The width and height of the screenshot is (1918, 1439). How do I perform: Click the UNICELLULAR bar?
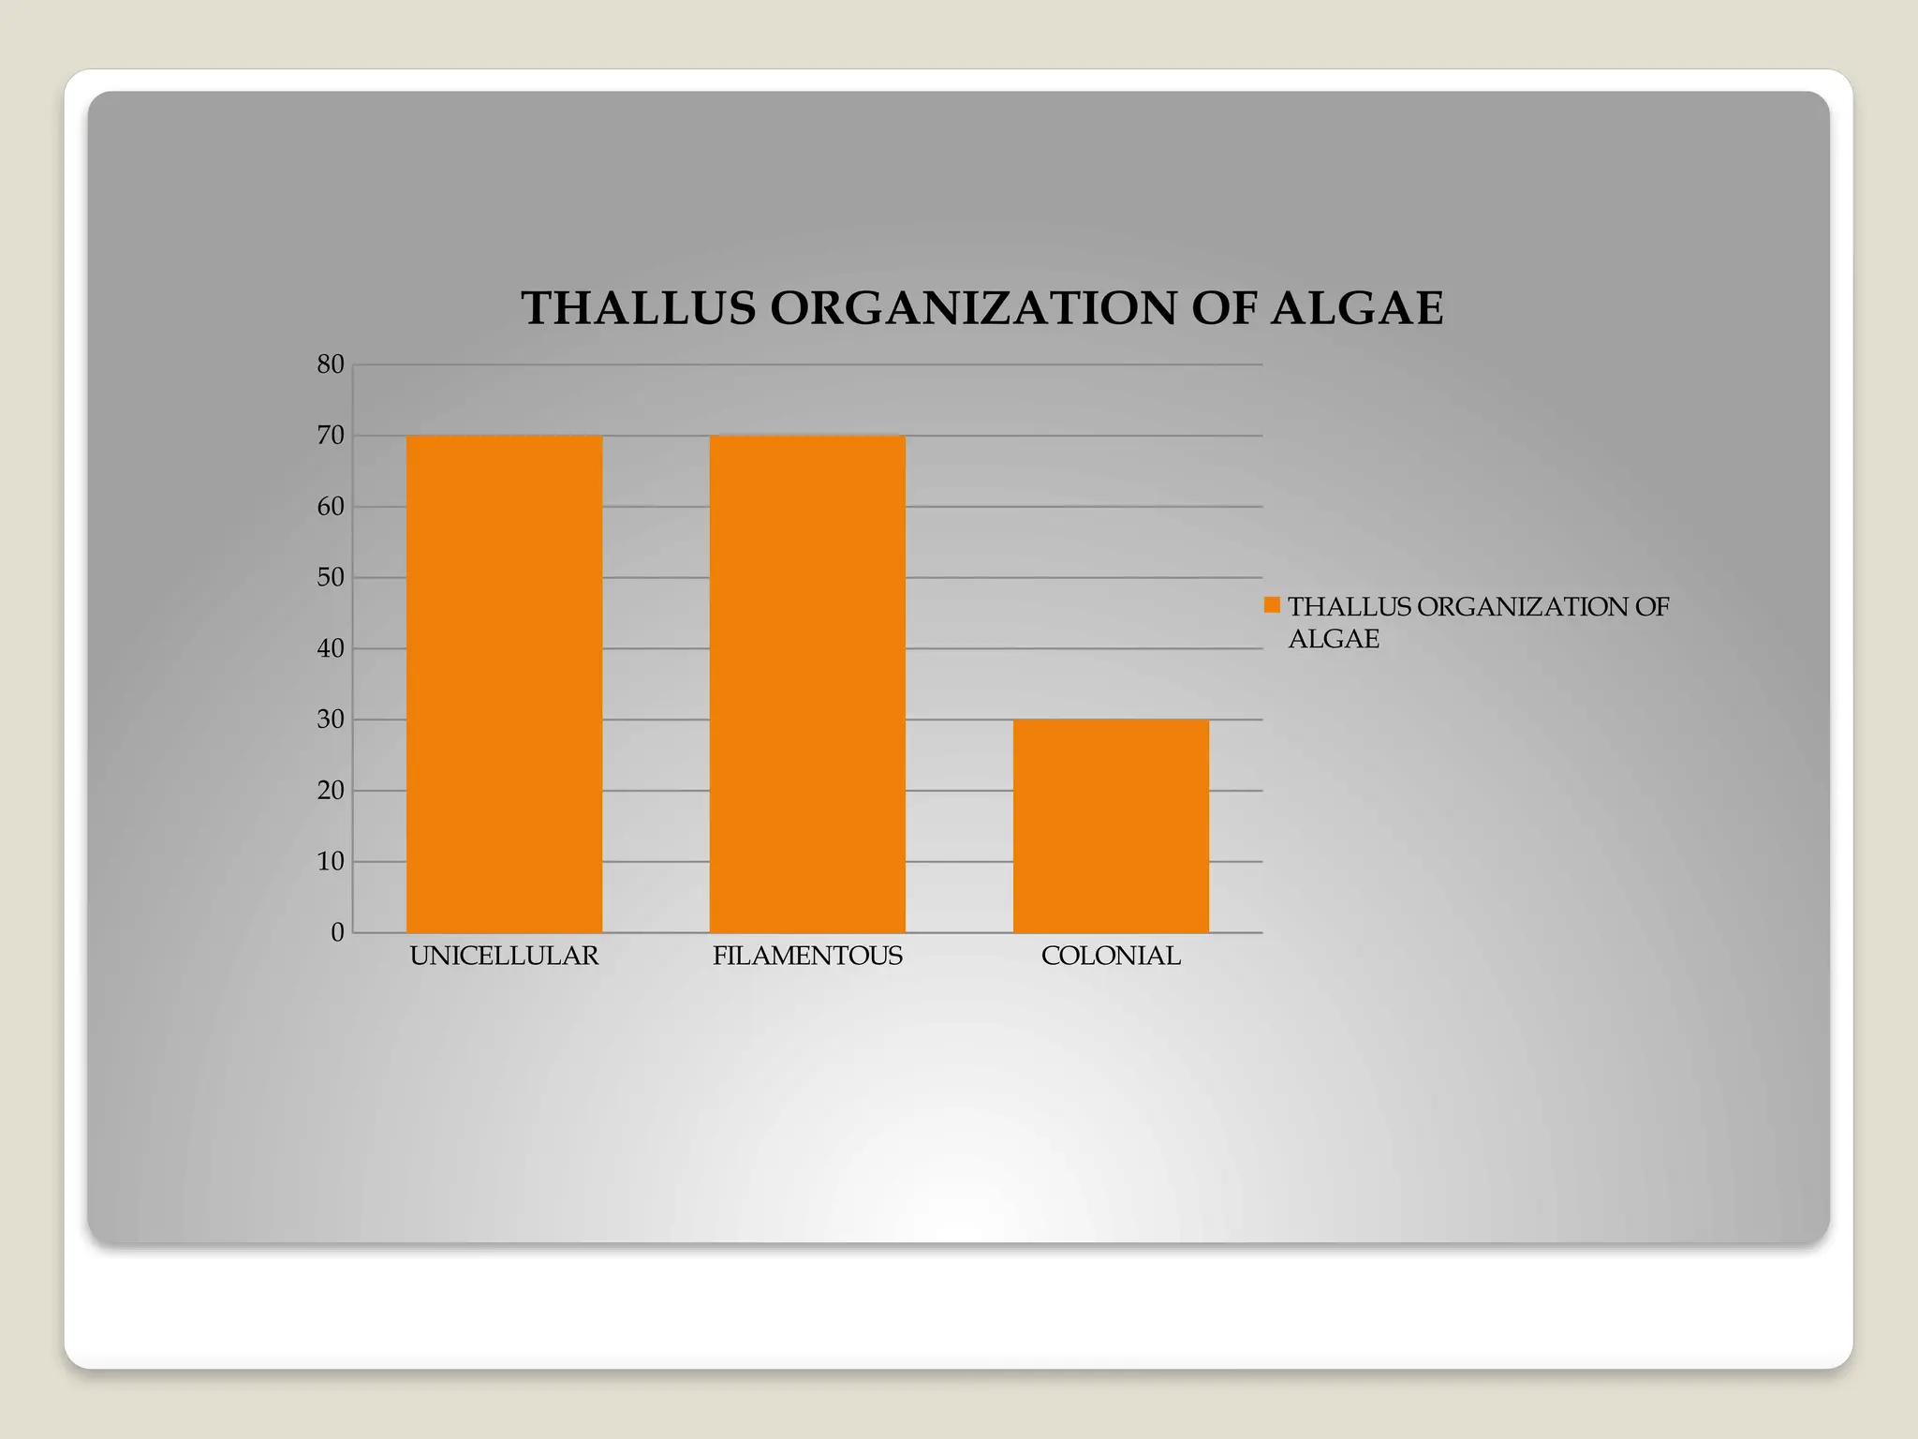[x=504, y=684]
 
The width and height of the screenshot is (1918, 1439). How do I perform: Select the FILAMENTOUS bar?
[x=807, y=684]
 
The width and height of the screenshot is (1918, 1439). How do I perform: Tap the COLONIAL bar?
[x=1111, y=825]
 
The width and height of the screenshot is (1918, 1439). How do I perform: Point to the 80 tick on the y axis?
[x=331, y=364]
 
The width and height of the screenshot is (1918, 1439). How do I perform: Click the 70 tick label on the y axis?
[x=331, y=436]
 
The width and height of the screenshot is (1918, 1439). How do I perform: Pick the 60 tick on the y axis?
[x=331, y=507]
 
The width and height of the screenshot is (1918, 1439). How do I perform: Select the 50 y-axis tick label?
[x=331, y=577]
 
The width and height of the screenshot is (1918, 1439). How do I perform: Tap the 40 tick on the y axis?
[x=331, y=648]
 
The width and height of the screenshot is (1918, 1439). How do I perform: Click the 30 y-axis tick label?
[x=331, y=719]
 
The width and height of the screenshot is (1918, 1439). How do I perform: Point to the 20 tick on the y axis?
[x=331, y=791]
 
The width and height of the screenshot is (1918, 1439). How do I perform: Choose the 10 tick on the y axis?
[x=331, y=861]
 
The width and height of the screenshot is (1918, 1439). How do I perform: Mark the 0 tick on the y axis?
[x=337, y=932]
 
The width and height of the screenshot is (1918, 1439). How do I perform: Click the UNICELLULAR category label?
[x=504, y=957]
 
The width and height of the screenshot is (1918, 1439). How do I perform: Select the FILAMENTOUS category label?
[x=807, y=957]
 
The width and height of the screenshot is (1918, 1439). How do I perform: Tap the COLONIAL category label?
[x=1111, y=957]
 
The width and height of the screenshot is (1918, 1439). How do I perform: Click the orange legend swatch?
[x=1272, y=605]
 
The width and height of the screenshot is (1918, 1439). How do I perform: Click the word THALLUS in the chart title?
[x=638, y=308]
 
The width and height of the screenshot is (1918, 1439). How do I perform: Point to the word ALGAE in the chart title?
[x=1357, y=308]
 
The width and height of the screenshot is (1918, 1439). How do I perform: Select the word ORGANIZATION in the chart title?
[x=973, y=308]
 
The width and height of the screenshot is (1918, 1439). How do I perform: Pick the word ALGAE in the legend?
[x=1334, y=639]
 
